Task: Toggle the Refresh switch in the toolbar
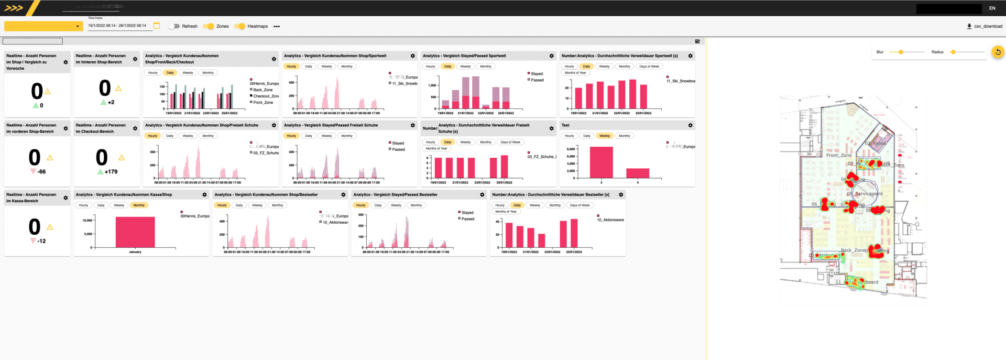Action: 174,26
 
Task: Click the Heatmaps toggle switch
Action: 240,26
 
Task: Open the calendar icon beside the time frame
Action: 157,26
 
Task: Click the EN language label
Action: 992,8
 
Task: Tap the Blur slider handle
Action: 901,52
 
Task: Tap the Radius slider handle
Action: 953,52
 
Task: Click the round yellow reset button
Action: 998,52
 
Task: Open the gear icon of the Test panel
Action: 690,125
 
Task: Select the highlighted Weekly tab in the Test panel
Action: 605,136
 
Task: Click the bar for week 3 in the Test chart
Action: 601,162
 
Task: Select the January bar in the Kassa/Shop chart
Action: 135,232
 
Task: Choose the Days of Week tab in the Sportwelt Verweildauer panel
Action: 649,67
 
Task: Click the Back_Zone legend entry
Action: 263,90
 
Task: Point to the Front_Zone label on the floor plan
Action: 839,155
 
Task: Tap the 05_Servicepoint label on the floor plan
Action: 865,194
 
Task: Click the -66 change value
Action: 41,172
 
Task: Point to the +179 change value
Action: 111,172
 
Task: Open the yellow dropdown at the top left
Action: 43,26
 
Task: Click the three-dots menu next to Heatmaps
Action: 277,26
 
